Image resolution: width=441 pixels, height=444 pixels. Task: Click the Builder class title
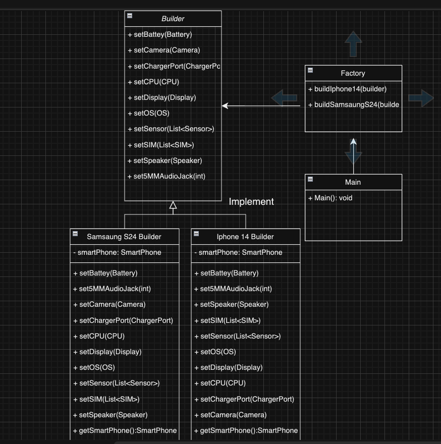(x=173, y=19)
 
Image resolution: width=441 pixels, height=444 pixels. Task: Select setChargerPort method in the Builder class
(x=174, y=66)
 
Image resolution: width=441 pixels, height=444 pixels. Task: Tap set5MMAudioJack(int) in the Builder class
(x=167, y=176)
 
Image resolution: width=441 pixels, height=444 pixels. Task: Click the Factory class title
(x=353, y=73)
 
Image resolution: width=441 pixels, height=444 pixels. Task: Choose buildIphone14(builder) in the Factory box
(x=347, y=89)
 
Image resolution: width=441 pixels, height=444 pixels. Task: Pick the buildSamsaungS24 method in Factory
(x=353, y=104)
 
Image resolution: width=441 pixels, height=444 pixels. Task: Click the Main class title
(x=353, y=182)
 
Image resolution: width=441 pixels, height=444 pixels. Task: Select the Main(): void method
(x=330, y=198)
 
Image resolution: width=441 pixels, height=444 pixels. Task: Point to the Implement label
(x=251, y=202)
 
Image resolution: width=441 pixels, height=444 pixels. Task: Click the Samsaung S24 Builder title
(x=124, y=237)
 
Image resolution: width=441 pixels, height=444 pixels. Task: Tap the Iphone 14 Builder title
(x=245, y=237)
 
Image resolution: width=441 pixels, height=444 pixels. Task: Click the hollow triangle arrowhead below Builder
(x=173, y=205)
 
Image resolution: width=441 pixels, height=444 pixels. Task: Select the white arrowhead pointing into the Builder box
(x=226, y=105)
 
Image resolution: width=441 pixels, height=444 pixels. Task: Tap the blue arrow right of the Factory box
(x=421, y=97)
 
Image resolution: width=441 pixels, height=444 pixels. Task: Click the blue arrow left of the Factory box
(x=284, y=97)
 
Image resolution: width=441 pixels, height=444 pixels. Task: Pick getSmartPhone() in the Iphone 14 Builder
(x=246, y=430)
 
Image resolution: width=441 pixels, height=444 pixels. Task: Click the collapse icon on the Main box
(x=310, y=179)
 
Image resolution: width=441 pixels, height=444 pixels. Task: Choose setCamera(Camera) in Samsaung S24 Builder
(x=109, y=304)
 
